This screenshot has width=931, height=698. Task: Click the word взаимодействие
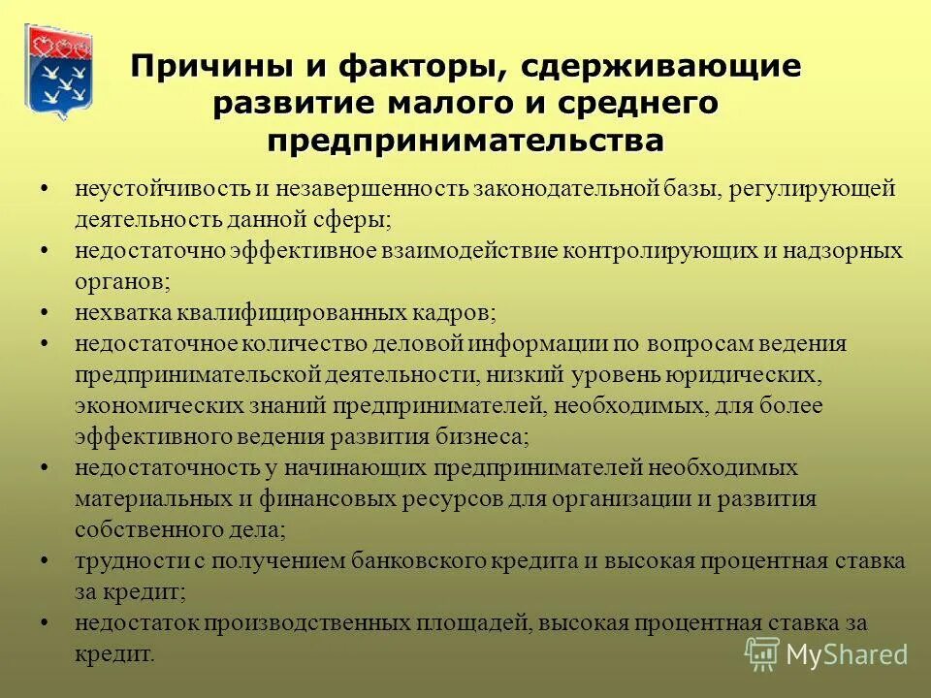tap(456, 250)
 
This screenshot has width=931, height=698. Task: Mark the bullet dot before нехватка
tap(46, 312)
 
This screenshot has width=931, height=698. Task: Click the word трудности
tap(122, 560)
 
